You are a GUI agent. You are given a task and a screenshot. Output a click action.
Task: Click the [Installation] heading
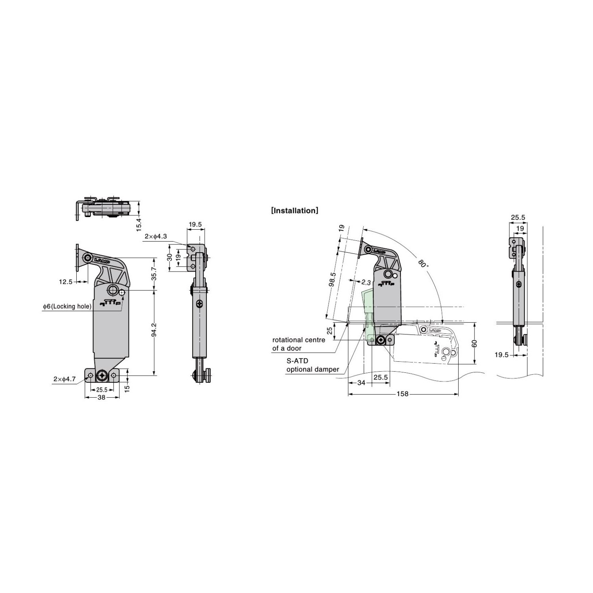[295, 211]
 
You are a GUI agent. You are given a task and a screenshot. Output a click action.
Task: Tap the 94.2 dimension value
[154, 330]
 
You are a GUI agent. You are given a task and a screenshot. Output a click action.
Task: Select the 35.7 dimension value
[154, 274]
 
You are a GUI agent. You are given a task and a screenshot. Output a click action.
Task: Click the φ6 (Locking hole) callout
[67, 306]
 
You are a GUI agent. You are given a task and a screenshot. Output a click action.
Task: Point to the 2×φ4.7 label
[64, 379]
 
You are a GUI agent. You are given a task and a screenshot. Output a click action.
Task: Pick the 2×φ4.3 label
[156, 236]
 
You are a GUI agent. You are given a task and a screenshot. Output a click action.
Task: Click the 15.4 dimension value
[139, 224]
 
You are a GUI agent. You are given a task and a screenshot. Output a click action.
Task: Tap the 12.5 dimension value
[66, 281]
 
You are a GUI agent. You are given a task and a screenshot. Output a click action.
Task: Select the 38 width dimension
[101, 398]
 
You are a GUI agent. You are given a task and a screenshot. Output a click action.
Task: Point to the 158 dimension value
[403, 394]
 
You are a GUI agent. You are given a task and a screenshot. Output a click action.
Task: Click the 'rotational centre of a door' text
[298, 344]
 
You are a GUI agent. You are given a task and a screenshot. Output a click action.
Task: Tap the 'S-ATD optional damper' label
[312, 365]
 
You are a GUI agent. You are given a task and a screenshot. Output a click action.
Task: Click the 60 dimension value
[475, 343]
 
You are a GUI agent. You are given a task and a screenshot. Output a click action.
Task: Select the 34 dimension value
[361, 383]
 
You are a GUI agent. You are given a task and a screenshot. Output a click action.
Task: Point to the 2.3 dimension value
[366, 283]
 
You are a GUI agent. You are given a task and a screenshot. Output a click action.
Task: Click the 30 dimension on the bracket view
[170, 257]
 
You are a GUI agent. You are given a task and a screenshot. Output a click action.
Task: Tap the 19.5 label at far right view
[502, 355]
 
